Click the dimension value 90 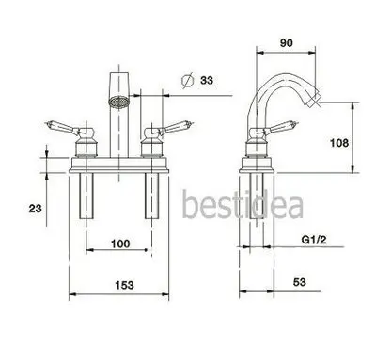(286, 43)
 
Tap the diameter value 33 (207, 80)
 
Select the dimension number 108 (339, 143)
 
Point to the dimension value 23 (35, 208)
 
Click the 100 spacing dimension (120, 243)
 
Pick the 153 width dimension (124, 285)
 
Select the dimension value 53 (299, 282)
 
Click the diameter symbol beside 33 (187, 81)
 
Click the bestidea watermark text (243, 205)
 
